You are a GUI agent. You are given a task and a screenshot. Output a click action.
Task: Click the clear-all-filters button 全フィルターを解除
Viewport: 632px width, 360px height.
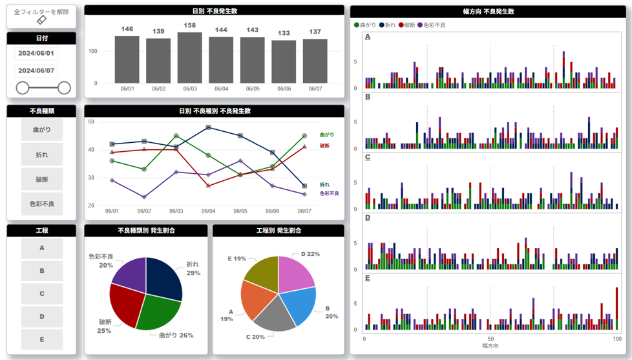41,16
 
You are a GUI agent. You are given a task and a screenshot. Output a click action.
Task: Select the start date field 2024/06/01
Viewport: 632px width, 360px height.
36,53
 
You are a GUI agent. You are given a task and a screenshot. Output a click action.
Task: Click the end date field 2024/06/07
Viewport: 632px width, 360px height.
36,70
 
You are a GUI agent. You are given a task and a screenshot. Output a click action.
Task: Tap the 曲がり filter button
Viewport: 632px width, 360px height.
41,130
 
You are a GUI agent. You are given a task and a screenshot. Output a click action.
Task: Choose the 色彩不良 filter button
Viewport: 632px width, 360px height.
41,204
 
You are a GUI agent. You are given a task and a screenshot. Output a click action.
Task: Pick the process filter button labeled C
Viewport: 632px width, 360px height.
42,293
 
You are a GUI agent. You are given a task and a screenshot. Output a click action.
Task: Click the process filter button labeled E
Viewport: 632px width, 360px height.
42,339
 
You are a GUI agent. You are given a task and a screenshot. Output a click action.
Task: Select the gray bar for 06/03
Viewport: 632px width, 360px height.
189,58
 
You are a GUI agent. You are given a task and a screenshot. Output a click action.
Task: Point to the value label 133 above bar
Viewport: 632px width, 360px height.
284,33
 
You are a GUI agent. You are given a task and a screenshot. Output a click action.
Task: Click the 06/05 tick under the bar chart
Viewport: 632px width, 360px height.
253,89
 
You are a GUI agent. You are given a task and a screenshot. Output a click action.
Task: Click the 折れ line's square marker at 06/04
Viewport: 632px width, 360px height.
208,127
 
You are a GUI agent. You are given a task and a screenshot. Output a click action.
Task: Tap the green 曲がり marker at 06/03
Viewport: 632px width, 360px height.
176,136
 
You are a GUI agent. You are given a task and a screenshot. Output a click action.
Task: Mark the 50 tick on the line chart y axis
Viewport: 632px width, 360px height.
91,122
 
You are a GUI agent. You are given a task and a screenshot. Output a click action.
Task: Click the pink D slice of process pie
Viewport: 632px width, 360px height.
294,271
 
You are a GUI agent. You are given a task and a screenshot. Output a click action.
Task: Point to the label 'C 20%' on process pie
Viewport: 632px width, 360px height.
255,337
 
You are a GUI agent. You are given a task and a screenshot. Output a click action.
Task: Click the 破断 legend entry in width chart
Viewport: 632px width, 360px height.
408,25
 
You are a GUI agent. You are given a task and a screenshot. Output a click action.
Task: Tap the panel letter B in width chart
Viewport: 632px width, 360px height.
368,96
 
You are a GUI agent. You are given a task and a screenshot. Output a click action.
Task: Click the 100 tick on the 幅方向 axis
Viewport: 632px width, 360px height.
616,339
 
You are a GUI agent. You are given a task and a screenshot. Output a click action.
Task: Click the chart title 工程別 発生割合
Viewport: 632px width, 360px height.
279,231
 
